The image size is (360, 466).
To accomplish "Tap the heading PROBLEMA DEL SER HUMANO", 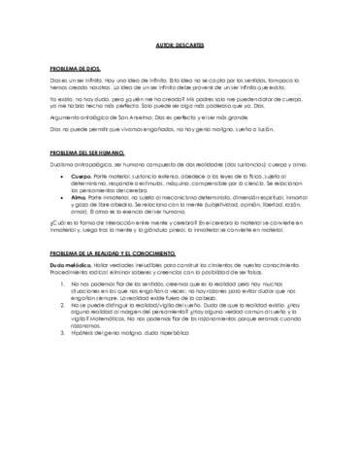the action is pos(84,152).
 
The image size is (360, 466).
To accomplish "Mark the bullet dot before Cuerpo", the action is pos(61,176).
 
